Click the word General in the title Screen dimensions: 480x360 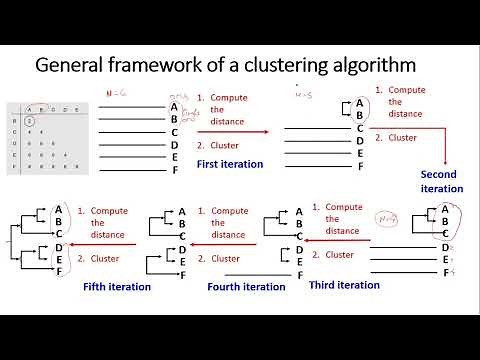pyautogui.click(x=73, y=67)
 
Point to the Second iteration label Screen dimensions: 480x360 pyautogui.click(x=441, y=181)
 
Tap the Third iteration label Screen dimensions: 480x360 pyautogui.click(x=345, y=285)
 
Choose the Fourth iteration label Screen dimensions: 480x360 pyautogui.click(x=246, y=287)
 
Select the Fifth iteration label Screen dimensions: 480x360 pyautogui.click(x=117, y=287)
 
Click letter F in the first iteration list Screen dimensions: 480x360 pyautogui.click(x=175, y=170)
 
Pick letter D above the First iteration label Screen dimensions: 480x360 pyautogui.click(x=175, y=144)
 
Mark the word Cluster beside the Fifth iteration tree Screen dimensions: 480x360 pyautogui.click(x=106, y=257)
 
